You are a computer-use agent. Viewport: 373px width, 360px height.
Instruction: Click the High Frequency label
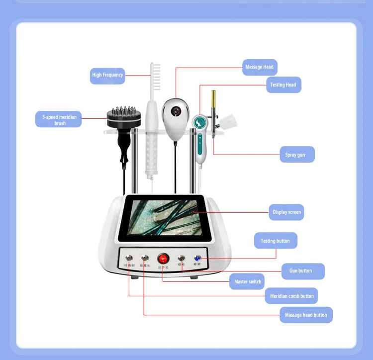[107, 75]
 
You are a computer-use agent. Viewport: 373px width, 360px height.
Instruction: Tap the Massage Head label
[260, 67]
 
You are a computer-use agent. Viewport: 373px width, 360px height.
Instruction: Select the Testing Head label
[283, 85]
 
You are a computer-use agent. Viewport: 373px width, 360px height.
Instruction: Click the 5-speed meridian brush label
[59, 120]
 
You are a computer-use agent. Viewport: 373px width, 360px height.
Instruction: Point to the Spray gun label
[295, 155]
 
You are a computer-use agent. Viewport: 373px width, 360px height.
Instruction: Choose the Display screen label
[286, 212]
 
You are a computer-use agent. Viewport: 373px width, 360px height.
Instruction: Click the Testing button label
[275, 241]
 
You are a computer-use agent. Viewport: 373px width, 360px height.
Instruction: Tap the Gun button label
[300, 271]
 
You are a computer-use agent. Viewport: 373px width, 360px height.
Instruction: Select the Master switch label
[248, 282]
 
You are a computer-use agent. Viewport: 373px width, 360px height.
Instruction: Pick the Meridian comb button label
[291, 296]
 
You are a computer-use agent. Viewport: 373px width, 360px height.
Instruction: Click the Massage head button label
[306, 315]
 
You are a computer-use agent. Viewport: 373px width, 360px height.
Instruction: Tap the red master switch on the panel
[163, 259]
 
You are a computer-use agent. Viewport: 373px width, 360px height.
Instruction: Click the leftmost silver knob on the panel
[129, 258]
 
